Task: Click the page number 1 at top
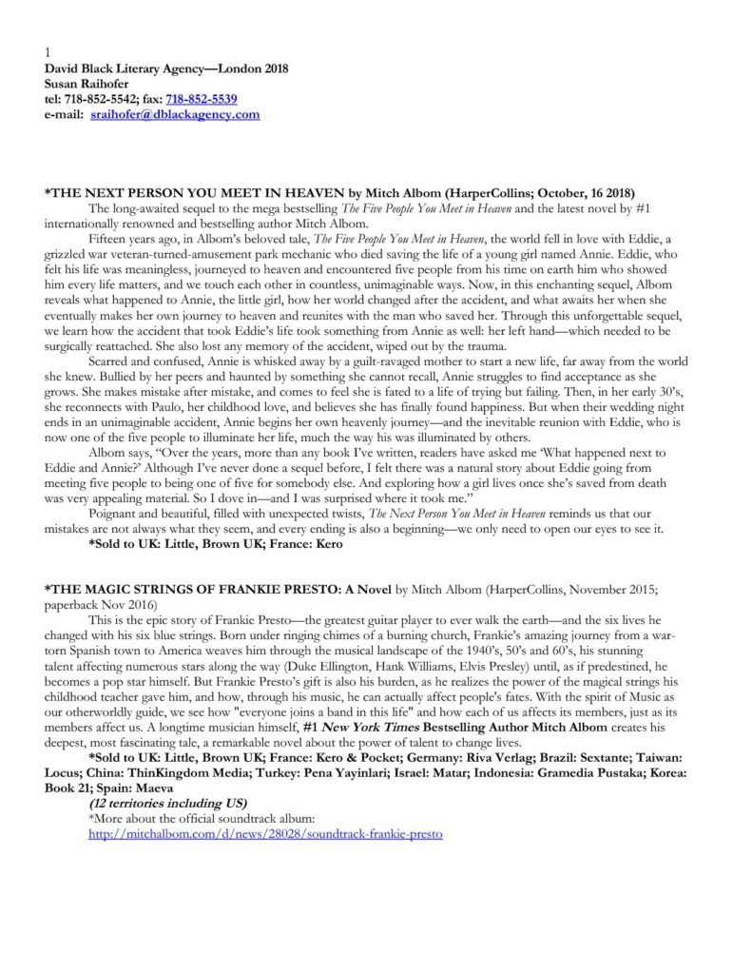pos(48,53)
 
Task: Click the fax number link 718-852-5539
pos(202,99)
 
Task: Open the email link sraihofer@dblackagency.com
pos(175,114)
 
